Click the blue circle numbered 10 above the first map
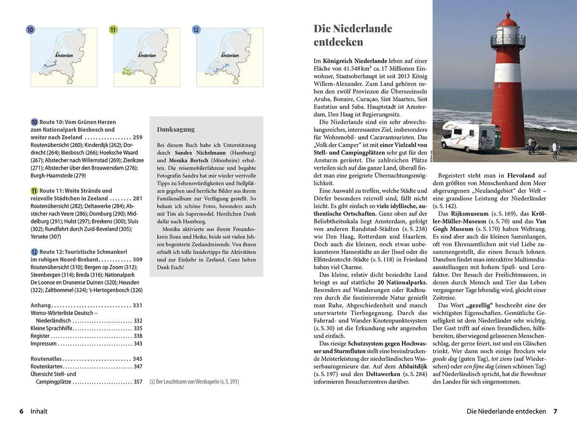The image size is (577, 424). tap(30, 30)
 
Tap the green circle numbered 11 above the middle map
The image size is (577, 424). tap(113, 30)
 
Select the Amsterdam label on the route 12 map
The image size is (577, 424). tap(230, 56)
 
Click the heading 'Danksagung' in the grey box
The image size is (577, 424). tap(176, 129)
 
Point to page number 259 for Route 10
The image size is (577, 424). tap(138, 137)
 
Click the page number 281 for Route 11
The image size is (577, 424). tap(138, 198)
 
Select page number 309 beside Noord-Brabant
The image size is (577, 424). tap(138, 259)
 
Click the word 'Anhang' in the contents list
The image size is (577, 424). tap(41, 305)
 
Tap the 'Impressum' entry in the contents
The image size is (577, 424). tap(43, 343)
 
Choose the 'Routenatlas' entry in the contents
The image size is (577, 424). tap(46, 359)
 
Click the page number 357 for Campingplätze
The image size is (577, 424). tap(138, 382)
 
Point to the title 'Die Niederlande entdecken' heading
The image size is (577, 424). tap(352, 35)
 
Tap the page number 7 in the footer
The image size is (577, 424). tap(555, 411)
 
